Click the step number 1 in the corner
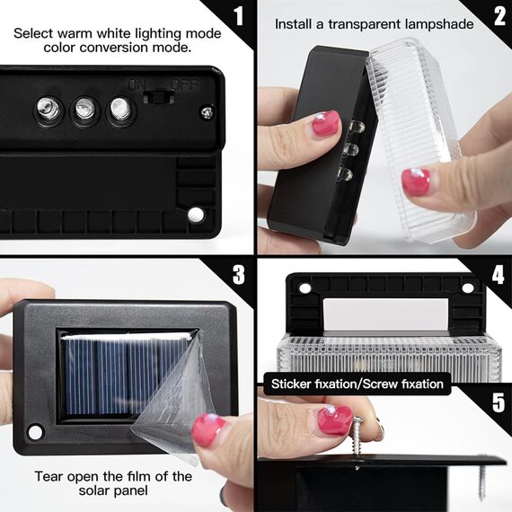point(239,16)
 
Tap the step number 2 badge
point(499,16)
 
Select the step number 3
point(239,274)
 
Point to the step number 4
point(499,274)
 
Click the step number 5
point(499,402)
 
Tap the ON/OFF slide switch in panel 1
point(159,97)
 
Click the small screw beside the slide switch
point(207,112)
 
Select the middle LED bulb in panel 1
point(84,109)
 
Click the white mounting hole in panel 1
point(196,214)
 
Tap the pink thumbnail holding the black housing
point(326,122)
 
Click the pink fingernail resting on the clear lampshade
point(415,181)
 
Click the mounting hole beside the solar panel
point(35,432)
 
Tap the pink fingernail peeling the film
point(208,429)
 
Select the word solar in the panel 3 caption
point(93,490)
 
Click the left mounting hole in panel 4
point(305,288)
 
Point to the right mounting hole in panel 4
point(468,288)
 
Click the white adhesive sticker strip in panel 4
point(385,313)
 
